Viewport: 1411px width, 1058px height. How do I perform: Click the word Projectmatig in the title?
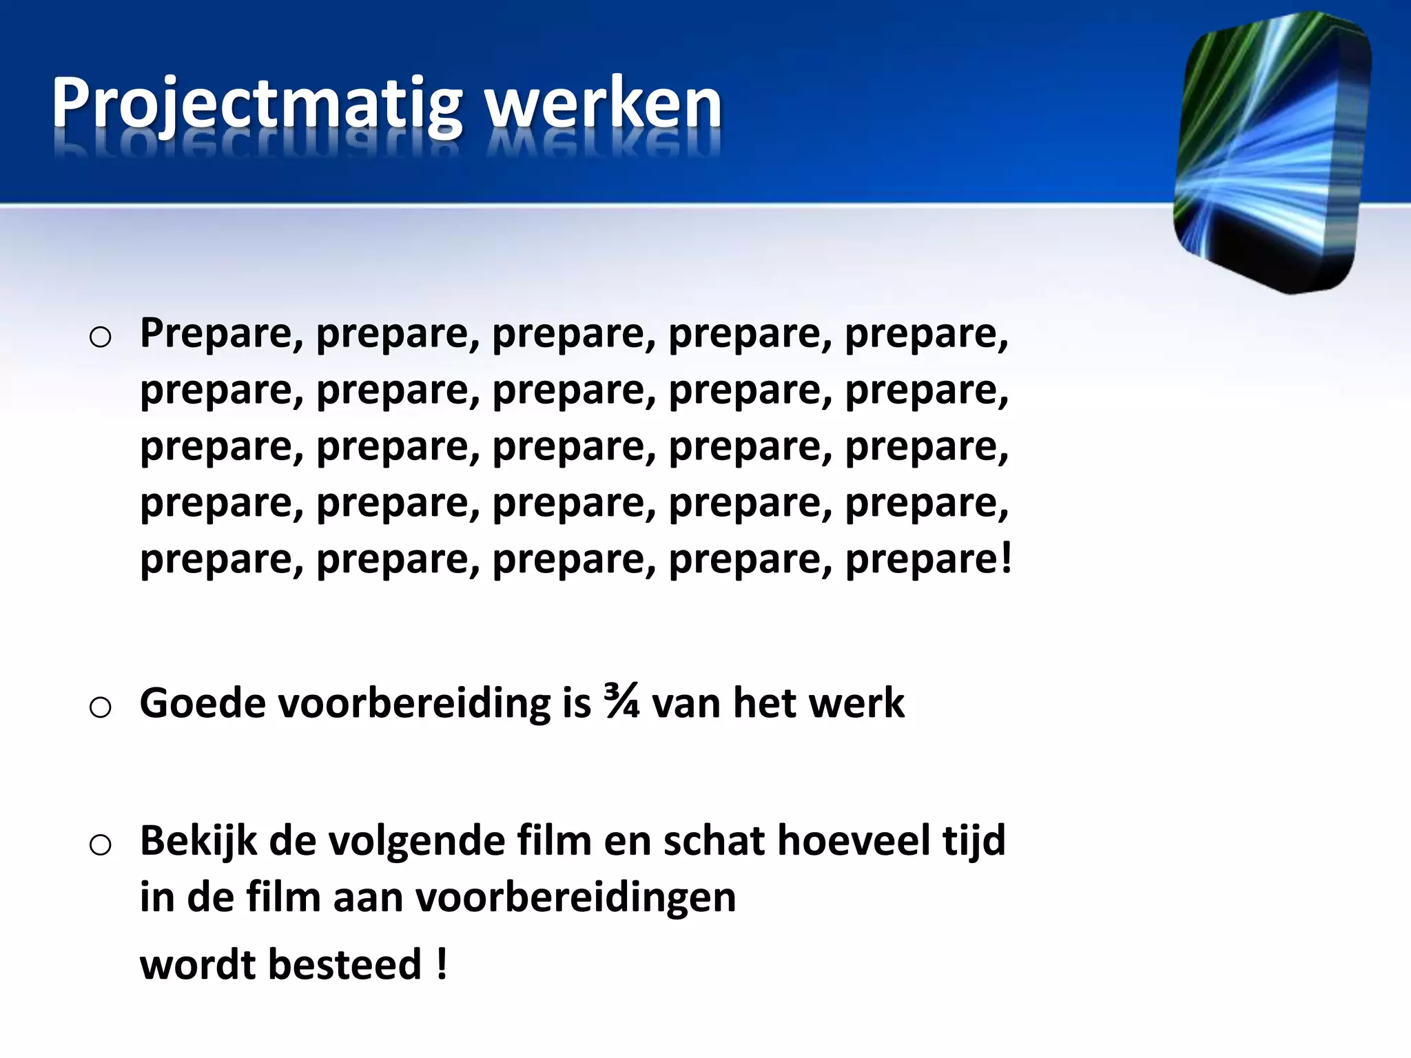coord(256,105)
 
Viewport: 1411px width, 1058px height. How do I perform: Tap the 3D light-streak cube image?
coord(1271,152)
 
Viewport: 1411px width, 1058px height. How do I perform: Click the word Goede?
coord(202,703)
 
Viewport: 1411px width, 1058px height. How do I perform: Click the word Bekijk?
coord(198,841)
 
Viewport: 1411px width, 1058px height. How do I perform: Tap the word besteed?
coord(344,964)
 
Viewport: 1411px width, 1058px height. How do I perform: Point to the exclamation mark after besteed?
coord(442,964)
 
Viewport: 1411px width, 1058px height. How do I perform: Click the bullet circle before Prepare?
coord(101,338)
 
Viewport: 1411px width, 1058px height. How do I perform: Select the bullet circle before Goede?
coord(101,707)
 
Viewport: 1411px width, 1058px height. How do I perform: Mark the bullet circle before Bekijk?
coord(101,845)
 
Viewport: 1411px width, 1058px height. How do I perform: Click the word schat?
coord(713,841)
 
